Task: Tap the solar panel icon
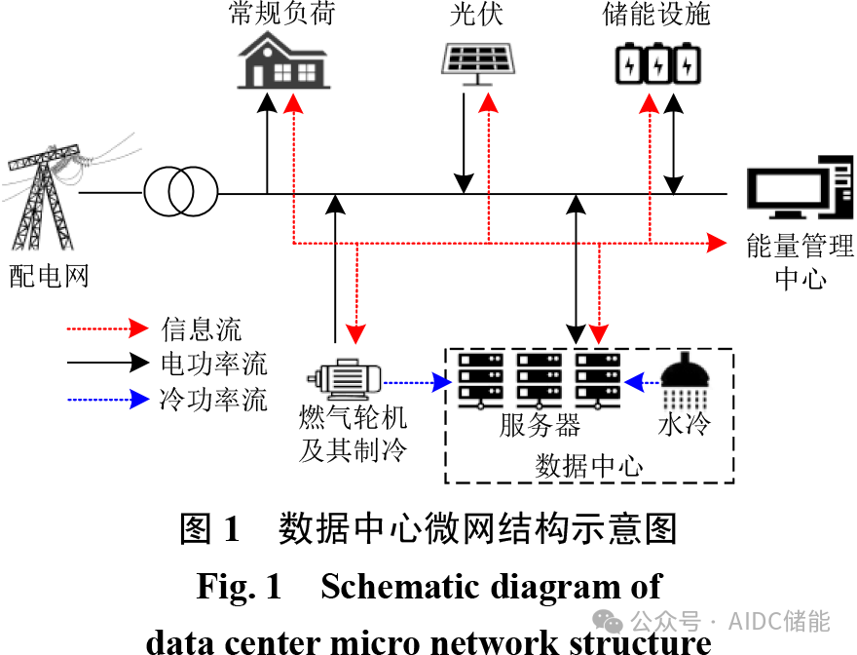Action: (x=474, y=59)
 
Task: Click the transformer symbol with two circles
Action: (x=180, y=192)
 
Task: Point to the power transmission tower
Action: (x=45, y=199)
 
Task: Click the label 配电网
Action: (x=49, y=276)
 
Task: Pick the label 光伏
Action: (x=477, y=15)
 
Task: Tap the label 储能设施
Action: (x=656, y=15)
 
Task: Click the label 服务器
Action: (x=540, y=425)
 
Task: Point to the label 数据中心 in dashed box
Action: (x=589, y=465)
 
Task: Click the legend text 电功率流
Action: (x=213, y=365)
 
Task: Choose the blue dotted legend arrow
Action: (x=106, y=399)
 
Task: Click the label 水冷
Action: (x=686, y=425)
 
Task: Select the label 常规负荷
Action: (x=282, y=15)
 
